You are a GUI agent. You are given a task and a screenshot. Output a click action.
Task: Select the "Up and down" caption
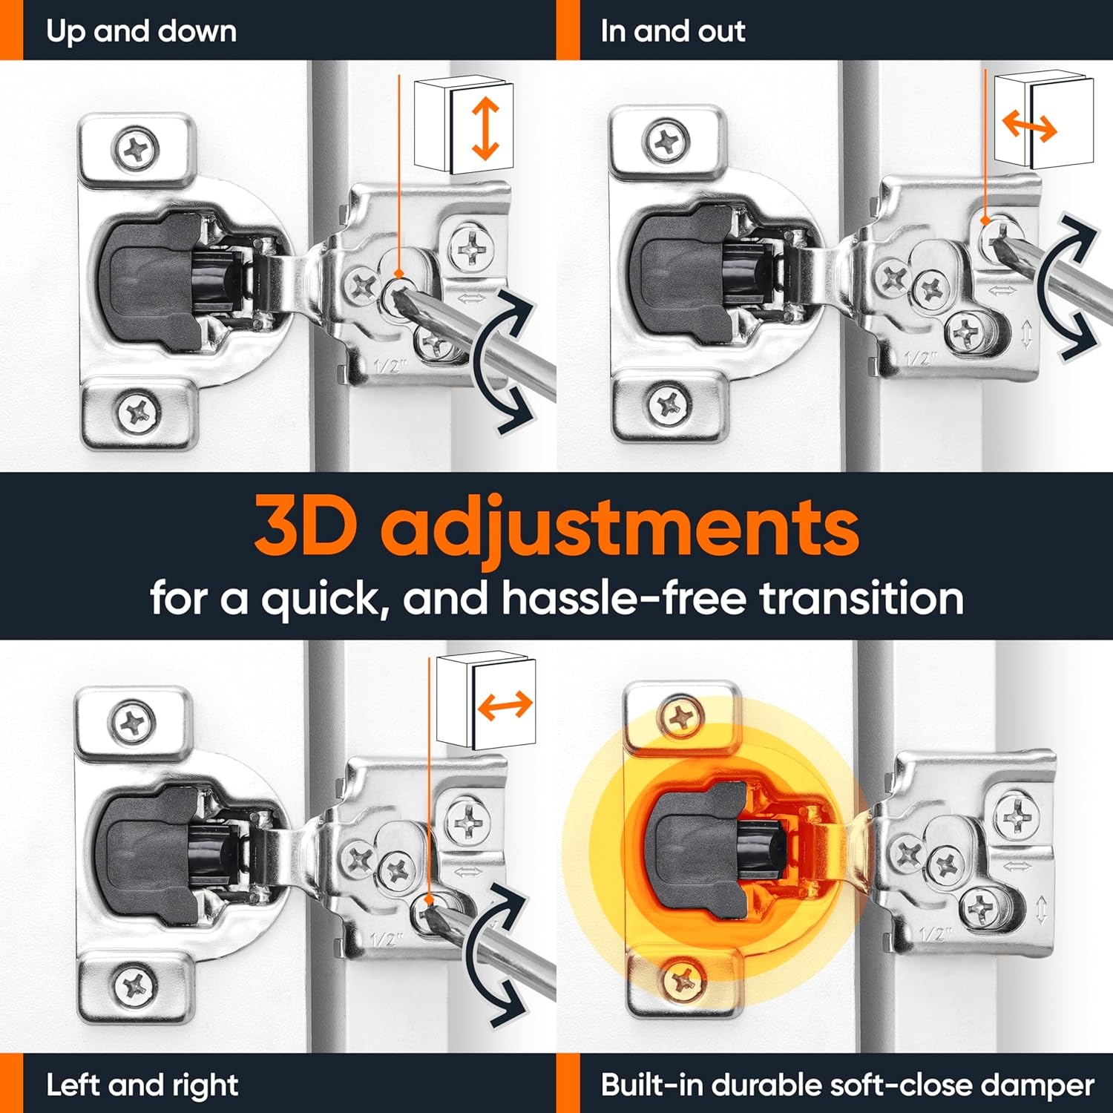(x=141, y=31)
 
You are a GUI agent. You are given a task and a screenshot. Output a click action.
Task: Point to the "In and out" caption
(x=672, y=31)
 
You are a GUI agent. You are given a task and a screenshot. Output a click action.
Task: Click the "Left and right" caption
(x=142, y=1086)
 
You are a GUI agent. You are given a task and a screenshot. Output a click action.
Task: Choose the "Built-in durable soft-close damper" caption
(x=847, y=1085)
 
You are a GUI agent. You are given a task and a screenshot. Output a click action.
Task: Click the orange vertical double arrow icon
(x=485, y=129)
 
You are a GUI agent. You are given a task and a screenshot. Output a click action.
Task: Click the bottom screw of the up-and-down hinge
(x=138, y=410)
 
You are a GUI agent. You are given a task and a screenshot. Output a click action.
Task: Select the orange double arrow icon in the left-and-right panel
(x=505, y=705)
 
